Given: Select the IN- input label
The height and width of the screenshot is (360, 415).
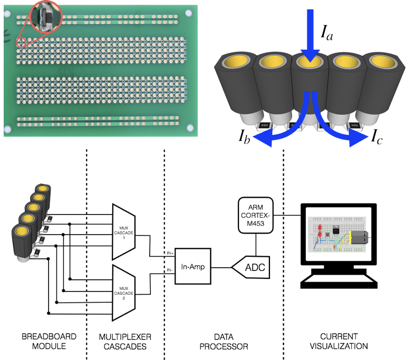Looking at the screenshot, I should click(x=169, y=270).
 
